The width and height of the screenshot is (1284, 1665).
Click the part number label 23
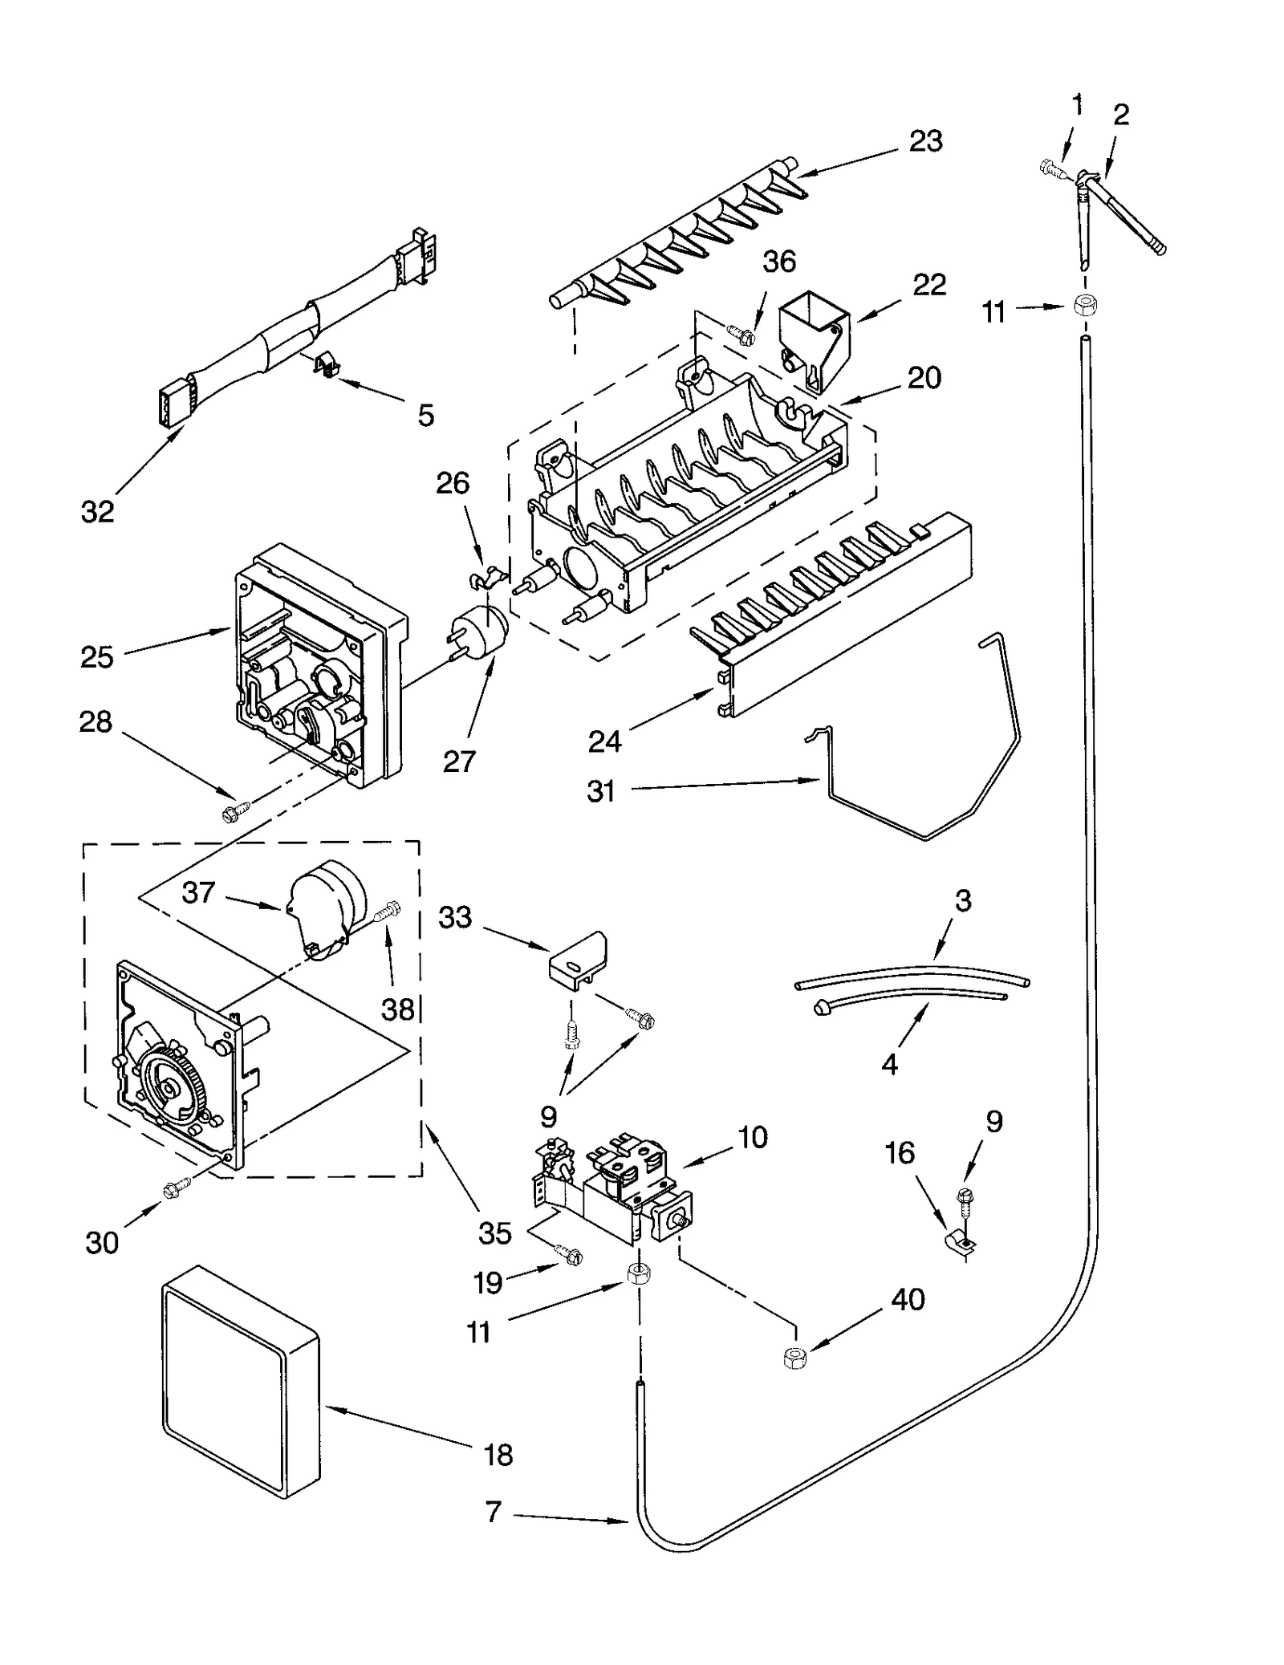(x=925, y=141)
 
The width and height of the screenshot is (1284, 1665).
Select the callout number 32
(x=98, y=511)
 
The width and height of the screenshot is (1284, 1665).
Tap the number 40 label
(x=908, y=1299)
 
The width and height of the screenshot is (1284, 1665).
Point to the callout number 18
(x=498, y=1454)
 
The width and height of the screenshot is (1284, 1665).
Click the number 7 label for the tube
(x=494, y=1512)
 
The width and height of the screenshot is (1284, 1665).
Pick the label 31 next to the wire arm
(x=601, y=791)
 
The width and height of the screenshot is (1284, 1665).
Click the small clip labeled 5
(x=325, y=365)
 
